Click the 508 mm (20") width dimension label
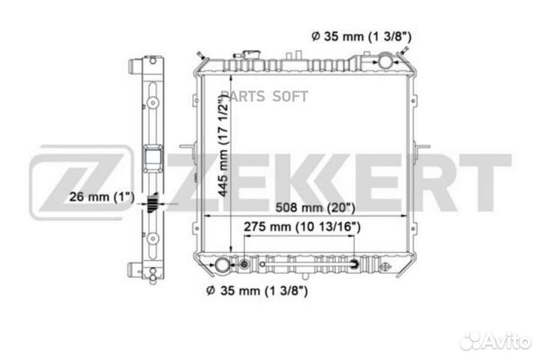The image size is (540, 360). point(315,208)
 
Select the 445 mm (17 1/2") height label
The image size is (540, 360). point(223,145)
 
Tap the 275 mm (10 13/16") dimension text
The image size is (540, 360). point(302,227)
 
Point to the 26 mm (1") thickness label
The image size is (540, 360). point(101,197)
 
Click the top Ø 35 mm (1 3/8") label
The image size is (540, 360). point(361,36)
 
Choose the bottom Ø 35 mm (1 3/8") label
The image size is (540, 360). point(257,291)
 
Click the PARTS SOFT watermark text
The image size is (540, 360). point(264,97)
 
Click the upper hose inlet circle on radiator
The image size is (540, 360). point(385,61)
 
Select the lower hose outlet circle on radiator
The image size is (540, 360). point(222,265)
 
